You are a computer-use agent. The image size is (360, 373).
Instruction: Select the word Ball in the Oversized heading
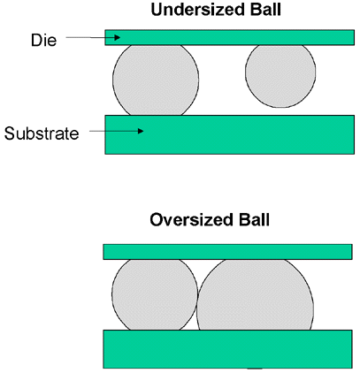click(x=254, y=220)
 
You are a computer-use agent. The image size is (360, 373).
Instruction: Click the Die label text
click(x=43, y=40)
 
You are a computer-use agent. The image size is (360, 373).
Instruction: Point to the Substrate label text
click(x=42, y=133)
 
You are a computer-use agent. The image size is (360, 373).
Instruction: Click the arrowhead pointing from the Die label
click(x=118, y=37)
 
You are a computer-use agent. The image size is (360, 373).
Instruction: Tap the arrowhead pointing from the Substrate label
click(x=141, y=131)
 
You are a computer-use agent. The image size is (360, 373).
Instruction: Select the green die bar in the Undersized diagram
click(x=230, y=37)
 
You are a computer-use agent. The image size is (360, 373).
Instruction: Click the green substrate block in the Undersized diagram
click(x=230, y=134)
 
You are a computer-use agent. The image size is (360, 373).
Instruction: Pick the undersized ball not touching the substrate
click(x=280, y=75)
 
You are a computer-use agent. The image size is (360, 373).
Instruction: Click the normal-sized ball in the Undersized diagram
click(x=156, y=80)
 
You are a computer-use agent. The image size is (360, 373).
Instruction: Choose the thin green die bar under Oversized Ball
click(x=227, y=252)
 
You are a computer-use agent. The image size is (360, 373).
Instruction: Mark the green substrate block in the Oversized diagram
click(x=227, y=349)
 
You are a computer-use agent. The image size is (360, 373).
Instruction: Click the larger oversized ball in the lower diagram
click(x=255, y=295)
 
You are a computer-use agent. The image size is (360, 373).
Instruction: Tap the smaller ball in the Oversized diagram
click(x=155, y=294)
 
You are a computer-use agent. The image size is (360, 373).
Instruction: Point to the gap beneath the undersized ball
click(x=280, y=111)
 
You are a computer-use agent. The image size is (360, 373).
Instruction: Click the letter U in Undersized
click(x=157, y=10)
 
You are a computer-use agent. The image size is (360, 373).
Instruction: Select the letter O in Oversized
click(x=157, y=220)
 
